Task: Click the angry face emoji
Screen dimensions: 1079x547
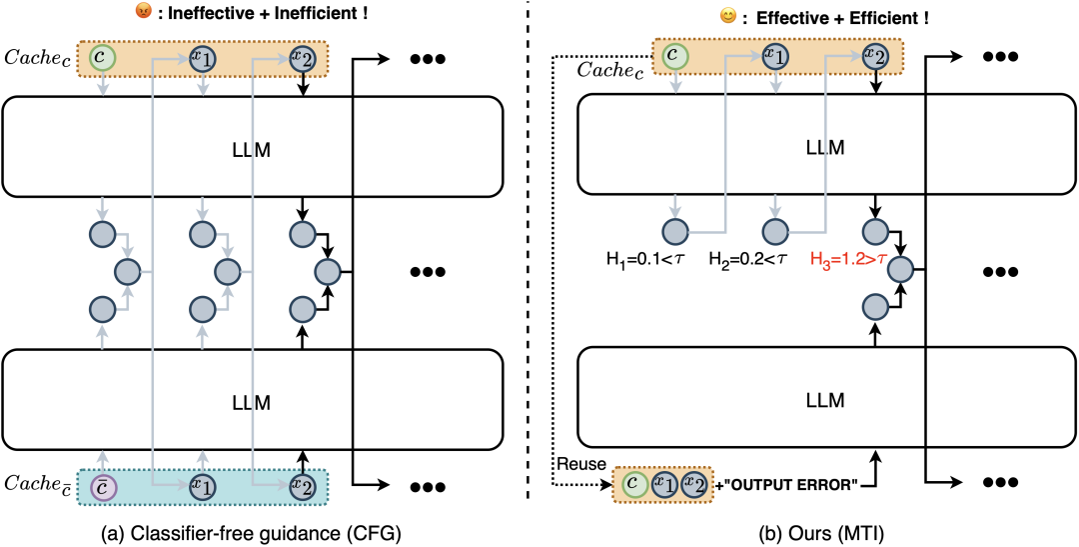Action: click(144, 12)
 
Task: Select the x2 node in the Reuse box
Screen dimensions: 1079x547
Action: click(693, 485)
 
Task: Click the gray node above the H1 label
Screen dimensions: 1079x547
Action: click(673, 230)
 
